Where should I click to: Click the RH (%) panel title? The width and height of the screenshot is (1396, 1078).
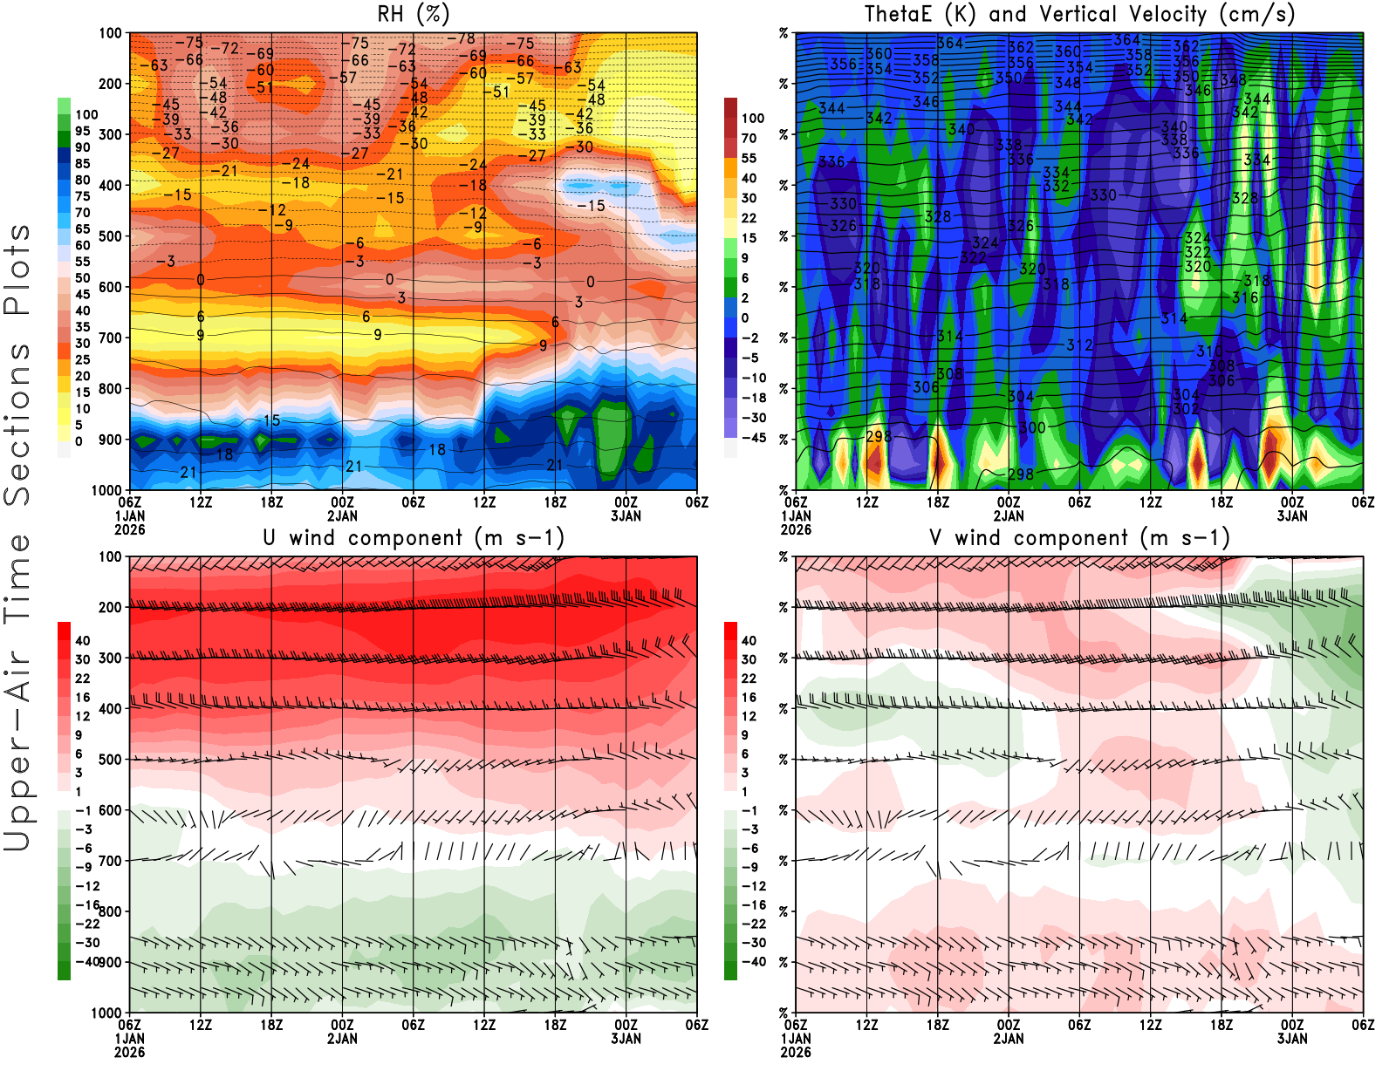(413, 14)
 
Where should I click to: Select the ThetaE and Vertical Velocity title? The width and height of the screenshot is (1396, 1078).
(1079, 14)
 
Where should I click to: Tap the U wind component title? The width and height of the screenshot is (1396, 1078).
(414, 537)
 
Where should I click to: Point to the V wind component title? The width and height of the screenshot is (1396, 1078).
(1079, 537)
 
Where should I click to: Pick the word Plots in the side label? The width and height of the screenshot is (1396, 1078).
(17, 269)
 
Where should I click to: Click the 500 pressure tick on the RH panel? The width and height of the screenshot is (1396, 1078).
(111, 235)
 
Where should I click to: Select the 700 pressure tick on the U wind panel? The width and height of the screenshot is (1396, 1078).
(111, 861)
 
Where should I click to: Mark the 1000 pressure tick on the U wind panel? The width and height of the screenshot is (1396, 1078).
(106, 1013)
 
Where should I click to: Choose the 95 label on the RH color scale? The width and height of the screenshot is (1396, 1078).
(82, 131)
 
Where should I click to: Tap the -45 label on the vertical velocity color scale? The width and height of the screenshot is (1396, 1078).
(753, 438)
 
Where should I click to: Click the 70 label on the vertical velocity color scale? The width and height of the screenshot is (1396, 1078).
(749, 138)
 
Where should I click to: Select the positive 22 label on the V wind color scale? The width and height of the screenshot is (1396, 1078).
(749, 678)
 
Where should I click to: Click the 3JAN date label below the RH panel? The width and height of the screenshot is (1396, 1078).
(626, 515)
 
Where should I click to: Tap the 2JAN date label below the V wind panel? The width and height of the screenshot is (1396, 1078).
(1009, 1039)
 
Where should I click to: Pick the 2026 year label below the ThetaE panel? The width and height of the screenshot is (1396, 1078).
(796, 529)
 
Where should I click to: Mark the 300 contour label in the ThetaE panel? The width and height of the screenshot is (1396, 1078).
(1032, 427)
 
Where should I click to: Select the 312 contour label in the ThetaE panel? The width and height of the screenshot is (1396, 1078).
(1079, 345)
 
